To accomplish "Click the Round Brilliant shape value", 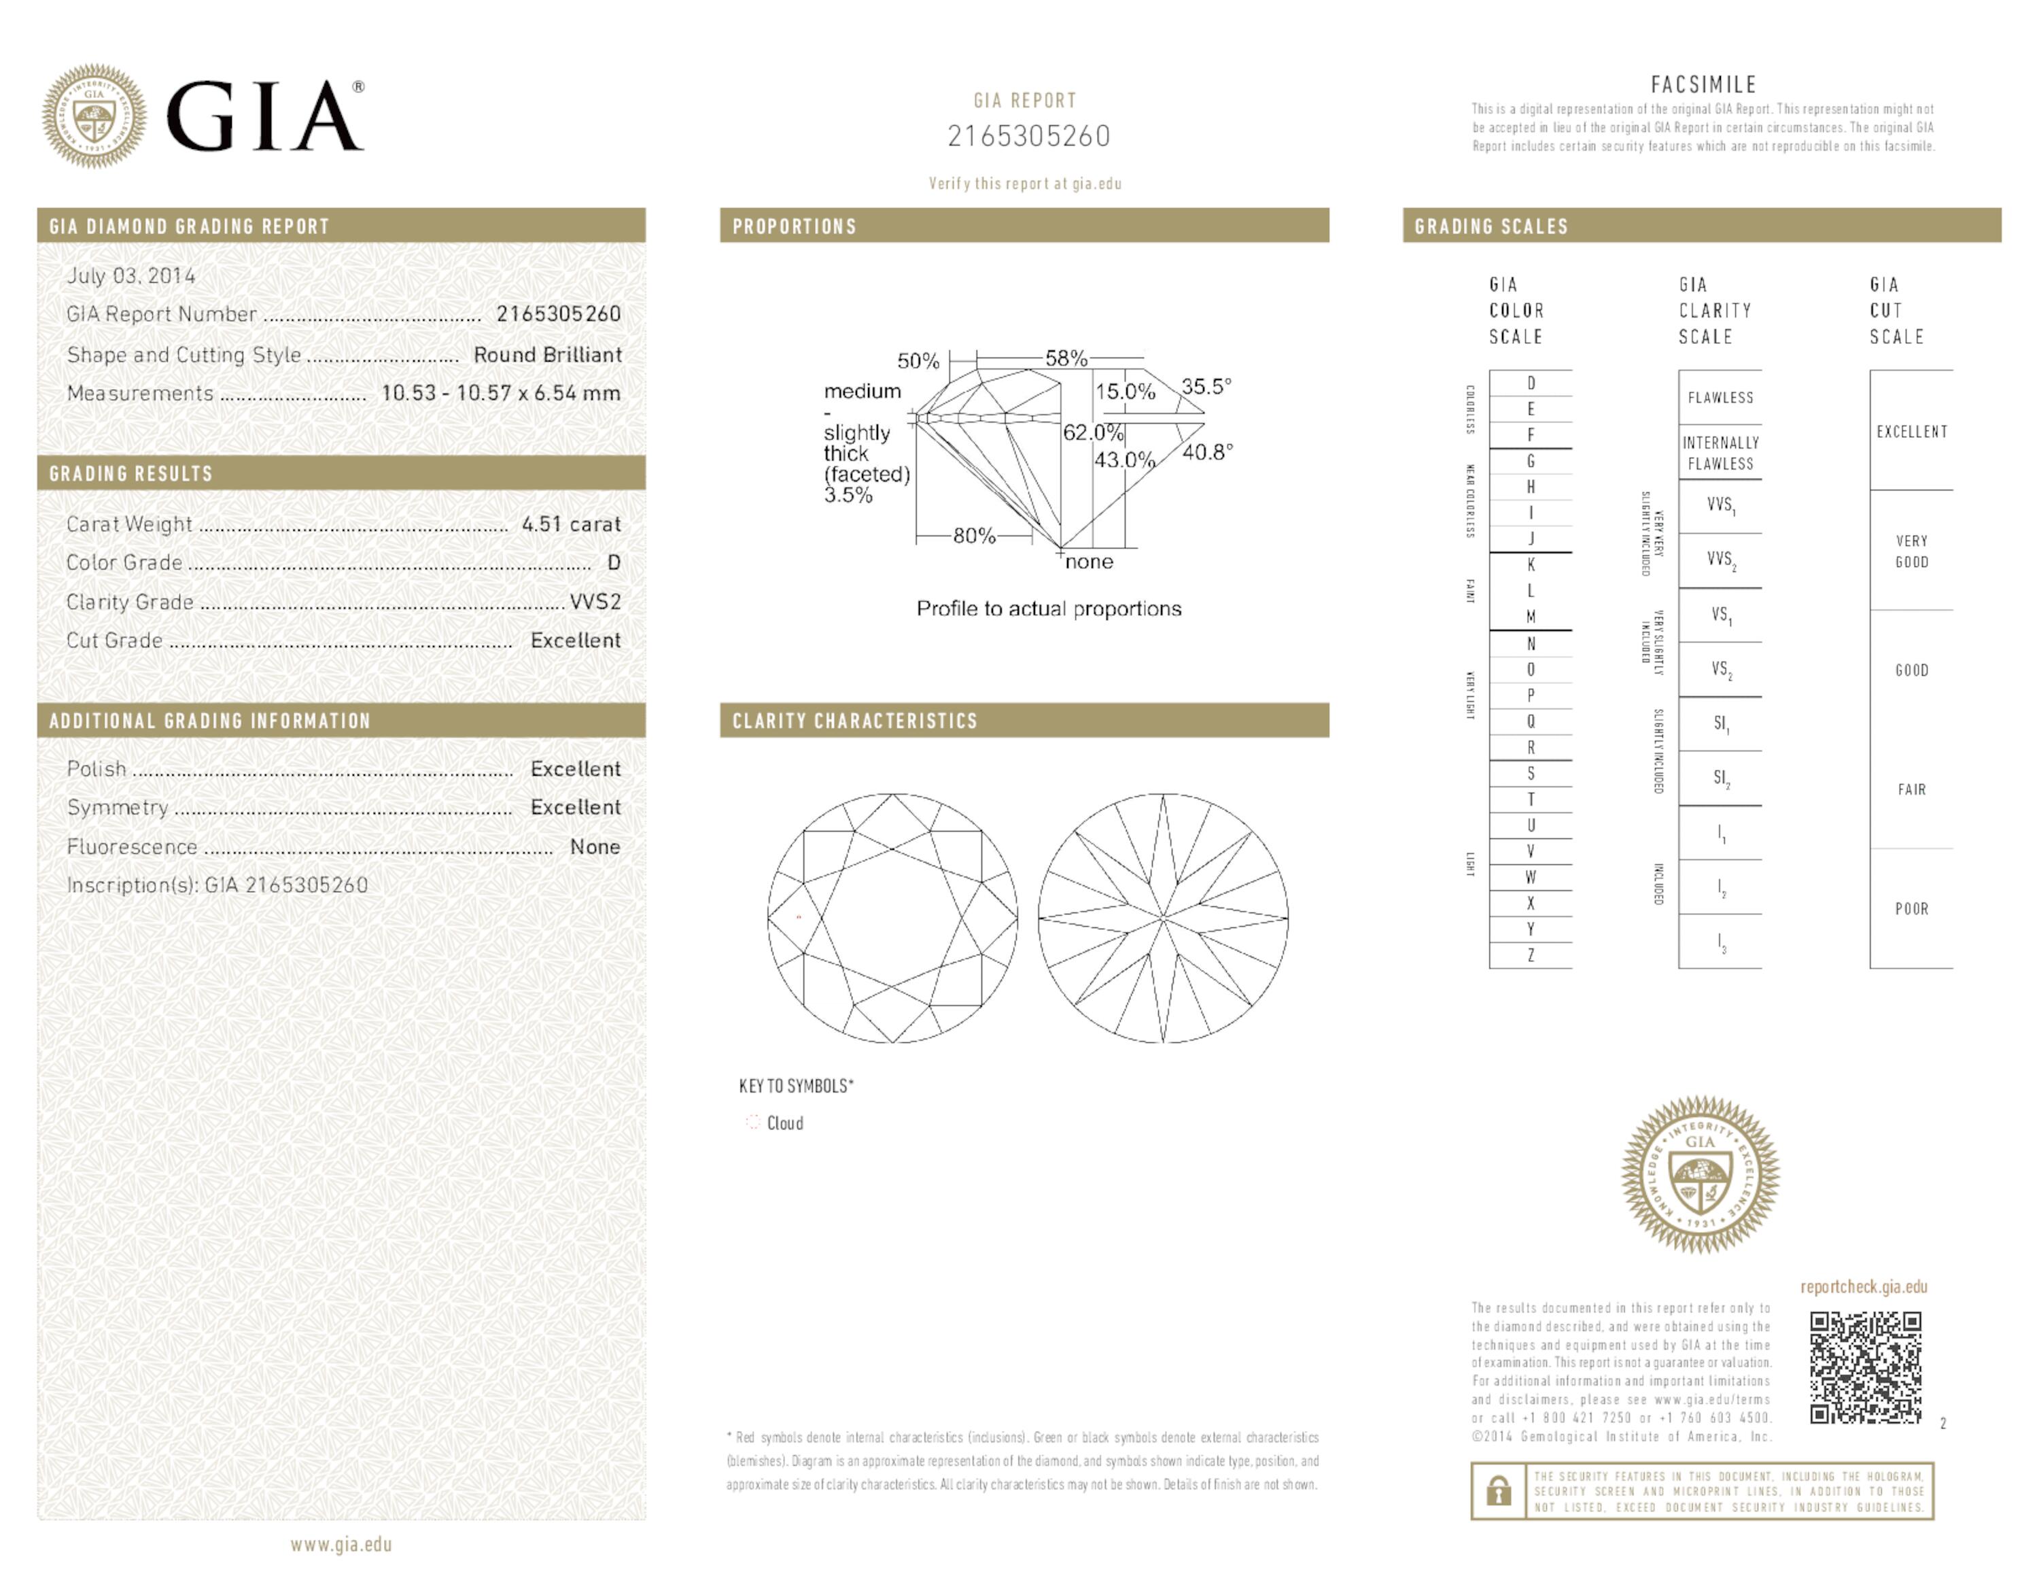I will [547, 355].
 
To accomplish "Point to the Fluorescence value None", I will [595, 847].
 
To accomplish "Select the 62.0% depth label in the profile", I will [1092, 432].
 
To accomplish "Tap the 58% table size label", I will [1065, 358].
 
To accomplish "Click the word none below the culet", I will [1089, 561].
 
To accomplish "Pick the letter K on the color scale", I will [1530, 565].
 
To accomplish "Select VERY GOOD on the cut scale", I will [1911, 551].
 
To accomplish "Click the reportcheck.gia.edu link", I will [1864, 1286].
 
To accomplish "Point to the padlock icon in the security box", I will [1499, 1491].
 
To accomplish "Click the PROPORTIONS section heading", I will [794, 226].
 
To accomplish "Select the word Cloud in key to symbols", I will [784, 1123].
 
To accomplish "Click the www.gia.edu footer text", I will [341, 1544].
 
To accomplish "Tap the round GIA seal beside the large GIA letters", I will [93, 116].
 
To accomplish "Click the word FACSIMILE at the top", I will [1703, 84].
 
